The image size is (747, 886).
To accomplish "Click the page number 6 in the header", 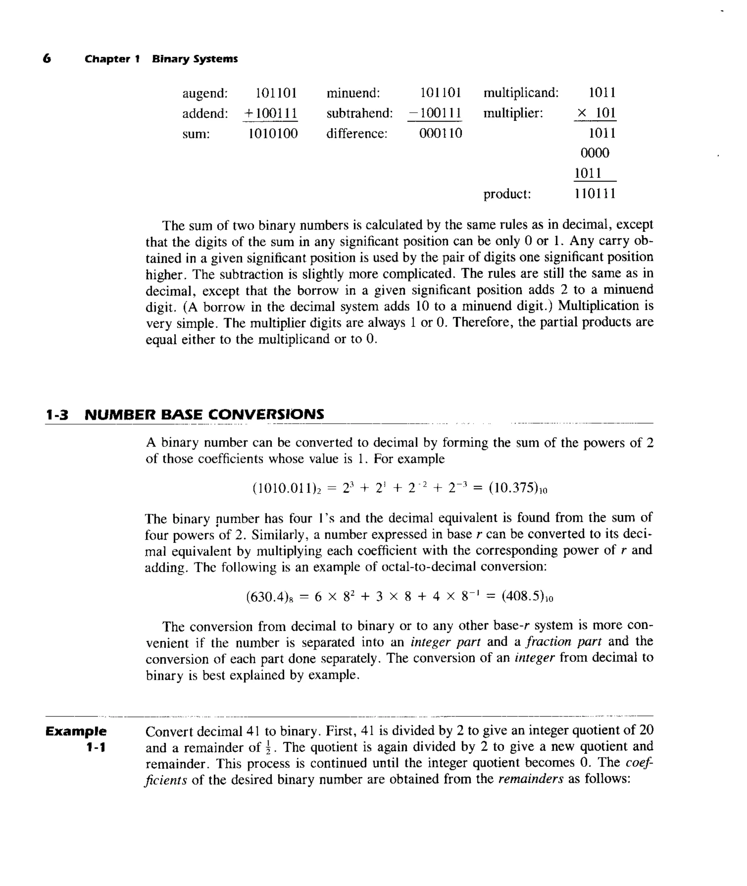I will click(47, 58).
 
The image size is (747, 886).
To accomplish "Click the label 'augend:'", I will click(205, 93).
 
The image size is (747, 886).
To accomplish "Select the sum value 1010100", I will click(273, 134).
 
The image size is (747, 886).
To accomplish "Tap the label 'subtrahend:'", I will click(360, 113).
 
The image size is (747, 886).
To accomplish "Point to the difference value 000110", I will click(440, 134).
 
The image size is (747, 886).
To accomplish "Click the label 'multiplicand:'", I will click(521, 93).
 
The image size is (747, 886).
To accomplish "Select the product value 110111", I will click(595, 194).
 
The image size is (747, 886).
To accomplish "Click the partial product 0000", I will click(595, 153).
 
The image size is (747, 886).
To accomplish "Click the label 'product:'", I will click(507, 194).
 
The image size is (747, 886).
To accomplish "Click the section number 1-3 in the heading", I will click(57, 415).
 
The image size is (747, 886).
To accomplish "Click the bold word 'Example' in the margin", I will click(76, 731).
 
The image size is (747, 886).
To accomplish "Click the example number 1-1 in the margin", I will click(95, 747).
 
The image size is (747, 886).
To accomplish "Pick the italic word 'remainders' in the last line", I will click(531, 779).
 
